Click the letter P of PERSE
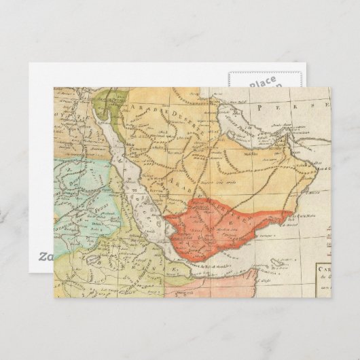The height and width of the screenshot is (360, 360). click(x=251, y=107)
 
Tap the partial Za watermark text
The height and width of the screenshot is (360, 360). click(x=45, y=256)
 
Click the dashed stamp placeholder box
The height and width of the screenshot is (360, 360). click(x=261, y=89)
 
